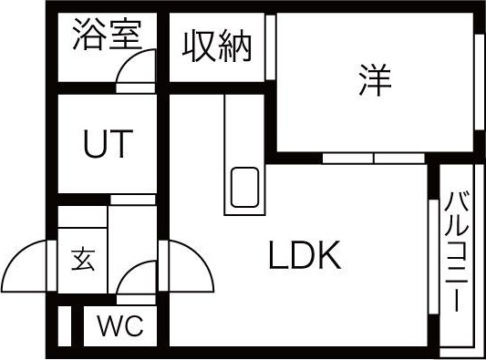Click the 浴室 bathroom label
click(x=106, y=36)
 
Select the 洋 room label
click(x=375, y=82)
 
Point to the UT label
click(x=108, y=143)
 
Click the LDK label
click(x=305, y=258)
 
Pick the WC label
click(x=120, y=326)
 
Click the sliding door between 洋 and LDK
click(x=374, y=157)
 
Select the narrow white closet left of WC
click(x=64, y=325)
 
